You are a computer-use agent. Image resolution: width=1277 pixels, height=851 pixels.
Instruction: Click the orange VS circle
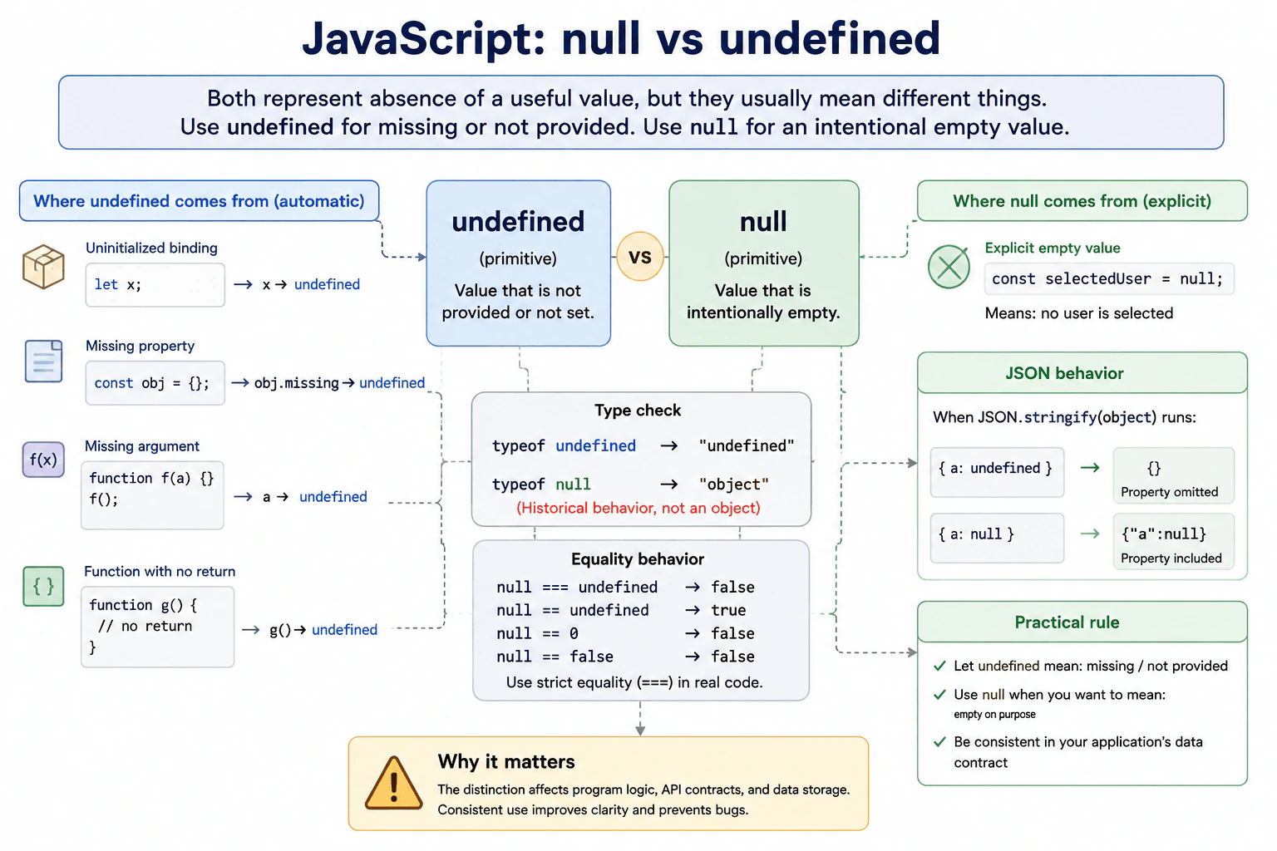click(x=639, y=257)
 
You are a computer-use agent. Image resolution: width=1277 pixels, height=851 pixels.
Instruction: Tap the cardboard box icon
click(x=43, y=267)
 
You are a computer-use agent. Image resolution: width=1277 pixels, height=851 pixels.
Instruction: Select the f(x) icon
click(x=43, y=460)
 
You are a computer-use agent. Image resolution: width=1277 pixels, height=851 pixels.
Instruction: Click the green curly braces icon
click(x=43, y=586)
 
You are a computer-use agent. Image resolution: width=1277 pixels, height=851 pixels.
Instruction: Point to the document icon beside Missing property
click(x=44, y=362)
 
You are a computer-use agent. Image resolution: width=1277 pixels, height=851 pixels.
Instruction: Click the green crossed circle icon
click(x=949, y=267)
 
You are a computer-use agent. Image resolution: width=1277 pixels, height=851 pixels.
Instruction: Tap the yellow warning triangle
click(x=393, y=784)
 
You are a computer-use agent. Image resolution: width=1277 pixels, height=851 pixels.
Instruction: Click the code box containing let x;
click(x=155, y=284)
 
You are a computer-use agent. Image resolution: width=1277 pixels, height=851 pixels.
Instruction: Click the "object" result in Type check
click(x=734, y=485)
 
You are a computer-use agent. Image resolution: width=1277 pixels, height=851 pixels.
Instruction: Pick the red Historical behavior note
click(x=638, y=508)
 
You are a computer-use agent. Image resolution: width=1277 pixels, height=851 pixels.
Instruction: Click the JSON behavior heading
click(x=1064, y=373)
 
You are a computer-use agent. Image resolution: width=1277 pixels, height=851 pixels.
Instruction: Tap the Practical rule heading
click(x=1067, y=622)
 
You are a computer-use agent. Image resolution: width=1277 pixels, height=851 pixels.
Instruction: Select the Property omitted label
click(x=1169, y=492)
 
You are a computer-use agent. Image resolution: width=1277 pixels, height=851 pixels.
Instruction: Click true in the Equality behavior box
click(x=728, y=611)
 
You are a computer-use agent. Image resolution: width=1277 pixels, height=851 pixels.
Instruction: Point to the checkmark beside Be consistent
click(x=939, y=741)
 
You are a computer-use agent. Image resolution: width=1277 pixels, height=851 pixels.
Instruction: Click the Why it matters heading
click(x=506, y=762)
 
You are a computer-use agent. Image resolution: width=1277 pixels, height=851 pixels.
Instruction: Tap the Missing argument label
click(x=142, y=446)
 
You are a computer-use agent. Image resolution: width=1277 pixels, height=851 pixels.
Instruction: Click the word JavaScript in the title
click(x=424, y=39)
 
